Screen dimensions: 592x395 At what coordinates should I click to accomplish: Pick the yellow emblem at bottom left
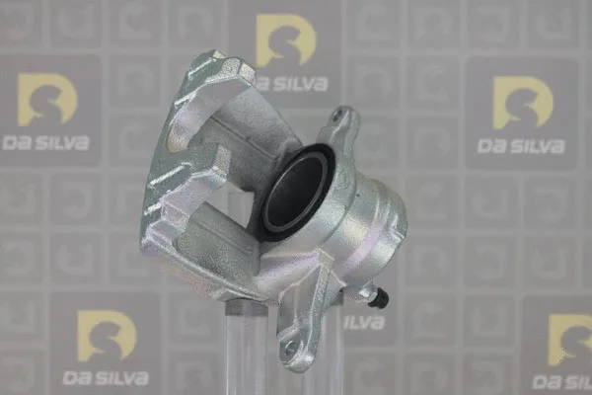pos(107,336)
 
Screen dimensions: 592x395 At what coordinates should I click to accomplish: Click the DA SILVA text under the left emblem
pos(45,143)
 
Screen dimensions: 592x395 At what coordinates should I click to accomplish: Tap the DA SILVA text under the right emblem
pos(521,146)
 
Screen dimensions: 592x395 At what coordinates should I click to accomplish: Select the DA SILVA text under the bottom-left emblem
pos(106,378)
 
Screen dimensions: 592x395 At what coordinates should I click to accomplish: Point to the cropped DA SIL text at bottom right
pos(561,382)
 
